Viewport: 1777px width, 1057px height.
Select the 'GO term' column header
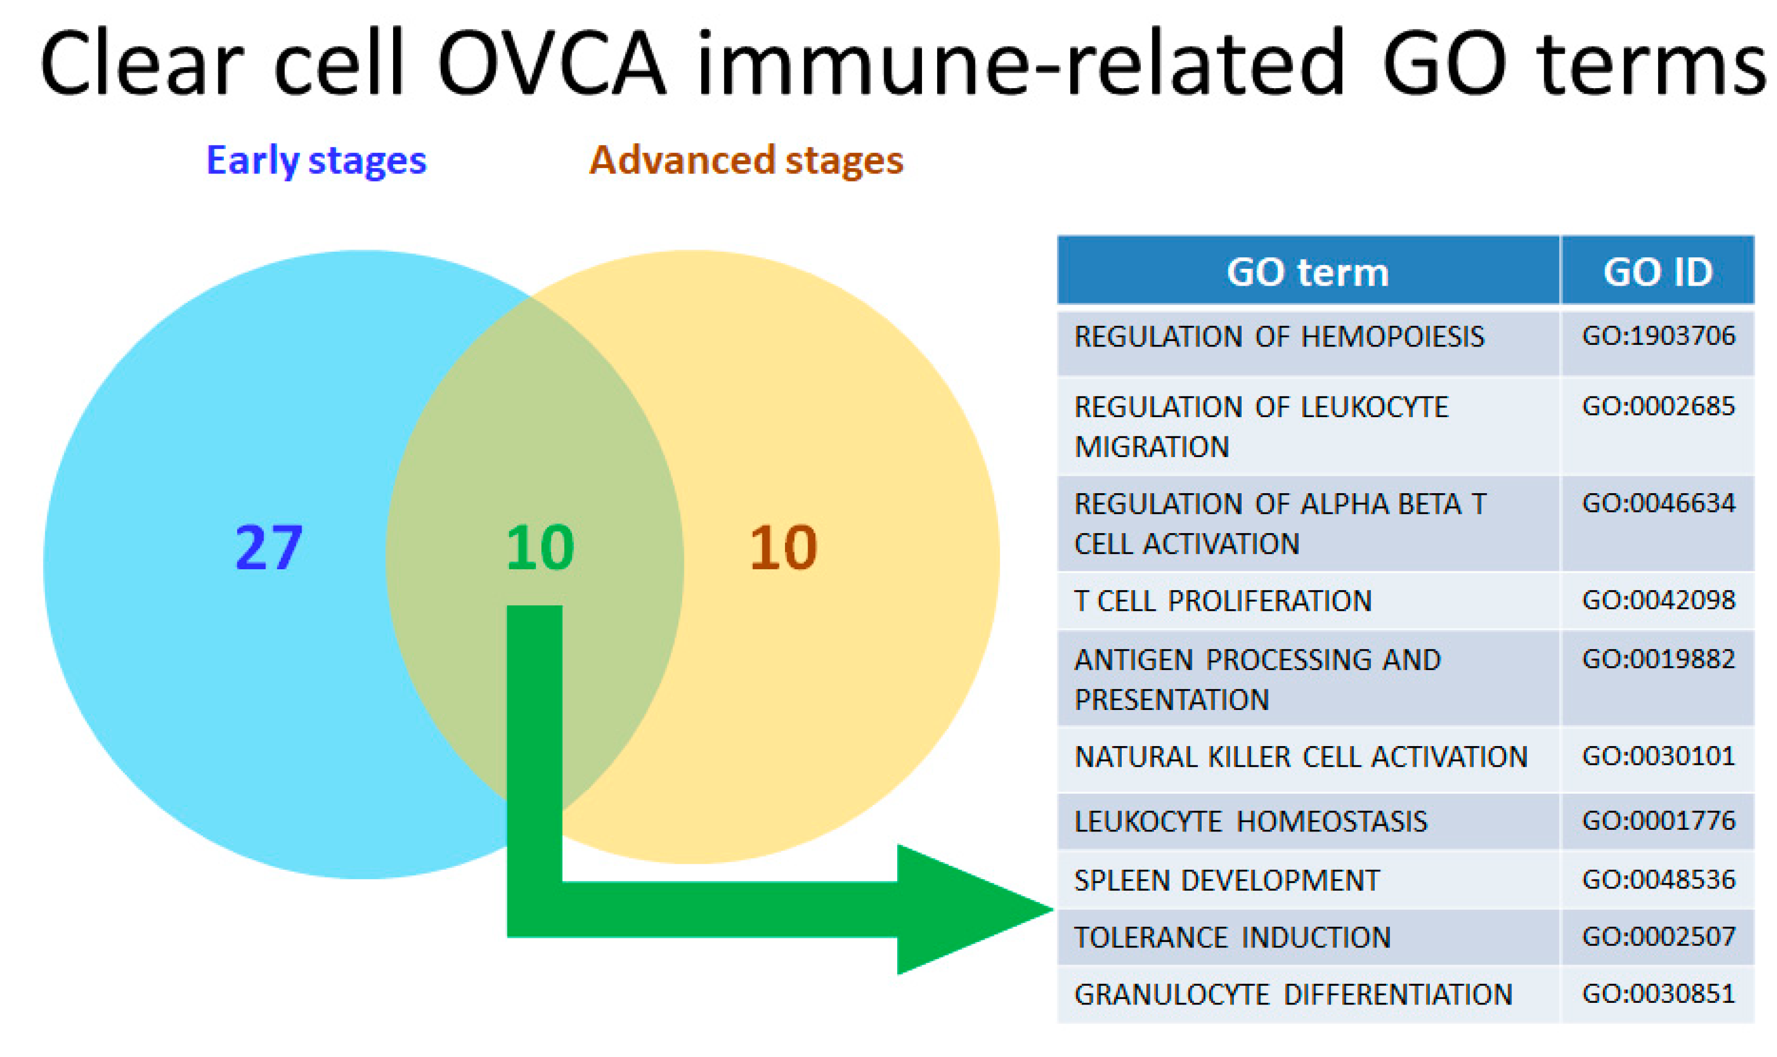click(1308, 272)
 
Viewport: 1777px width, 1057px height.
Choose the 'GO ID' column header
click(1657, 272)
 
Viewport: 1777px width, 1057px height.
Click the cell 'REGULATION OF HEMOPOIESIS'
click(1279, 337)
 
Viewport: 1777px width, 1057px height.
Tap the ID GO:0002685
click(1658, 407)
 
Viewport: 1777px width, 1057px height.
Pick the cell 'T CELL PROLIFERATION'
click(1223, 601)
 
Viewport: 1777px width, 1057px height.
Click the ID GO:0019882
click(1658, 660)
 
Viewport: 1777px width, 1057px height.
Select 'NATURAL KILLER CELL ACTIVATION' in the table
click(1301, 757)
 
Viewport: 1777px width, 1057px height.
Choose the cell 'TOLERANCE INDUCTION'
click(1232, 937)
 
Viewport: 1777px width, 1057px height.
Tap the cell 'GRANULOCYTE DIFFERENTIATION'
click(1293, 994)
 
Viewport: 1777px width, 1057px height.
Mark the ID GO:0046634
click(1658, 504)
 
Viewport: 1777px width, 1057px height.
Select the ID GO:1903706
click(1658, 336)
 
